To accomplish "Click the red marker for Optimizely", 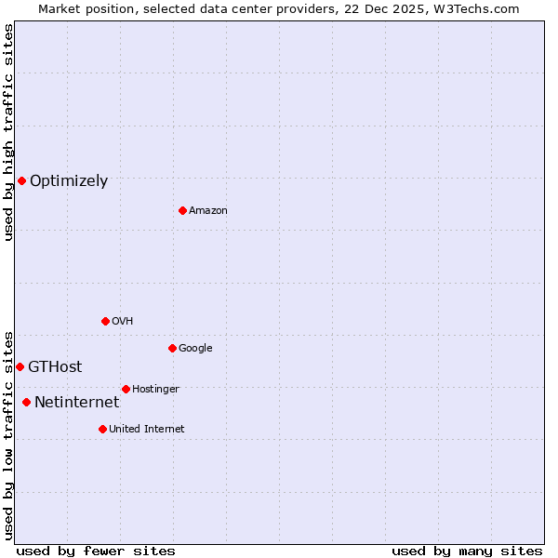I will [21, 180].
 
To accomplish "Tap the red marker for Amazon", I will [182, 210].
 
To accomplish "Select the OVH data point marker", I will [105, 321].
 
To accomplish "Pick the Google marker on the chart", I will [172, 348].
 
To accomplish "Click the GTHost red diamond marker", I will [20, 366].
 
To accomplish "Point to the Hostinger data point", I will [126, 389].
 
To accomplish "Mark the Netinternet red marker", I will [26, 402].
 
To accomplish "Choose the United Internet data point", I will [102, 429].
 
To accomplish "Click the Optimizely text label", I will [69, 181].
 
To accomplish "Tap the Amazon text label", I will [208, 211].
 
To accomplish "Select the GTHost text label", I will [55, 367].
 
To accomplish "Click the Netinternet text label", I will [76, 403].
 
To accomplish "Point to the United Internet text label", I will [147, 430].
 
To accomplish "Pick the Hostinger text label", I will [155, 390].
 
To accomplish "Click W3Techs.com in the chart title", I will [476, 9].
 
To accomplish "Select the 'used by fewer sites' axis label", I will [96, 551].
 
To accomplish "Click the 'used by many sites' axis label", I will [467, 551].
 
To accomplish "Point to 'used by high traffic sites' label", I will [9, 132].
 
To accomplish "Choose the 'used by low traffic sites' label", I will [9, 435].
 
